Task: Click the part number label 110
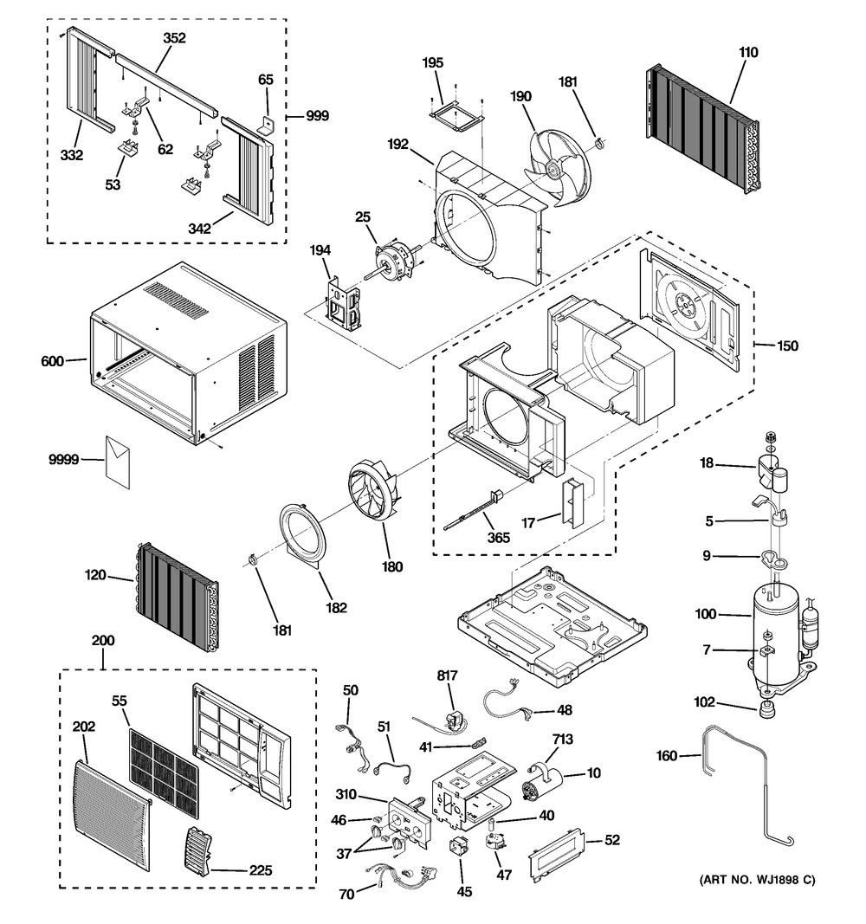tap(748, 53)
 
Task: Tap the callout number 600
tap(52, 361)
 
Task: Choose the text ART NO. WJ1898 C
tap(757, 881)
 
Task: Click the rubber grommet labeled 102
tap(767, 709)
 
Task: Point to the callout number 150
tap(787, 346)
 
